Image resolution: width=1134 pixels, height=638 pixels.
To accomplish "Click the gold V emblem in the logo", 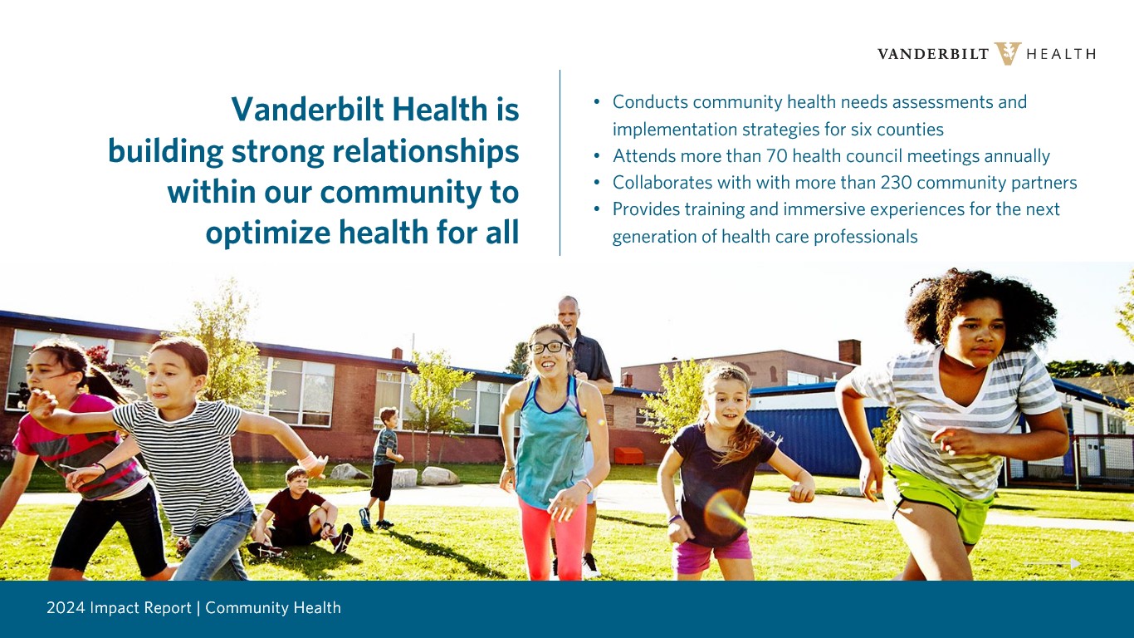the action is pyautogui.click(x=1008, y=54).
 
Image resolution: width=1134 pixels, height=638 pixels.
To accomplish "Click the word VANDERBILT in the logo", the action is pyautogui.click(x=933, y=54).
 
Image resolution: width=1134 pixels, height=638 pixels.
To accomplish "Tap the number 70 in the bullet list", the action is pyautogui.click(x=776, y=155).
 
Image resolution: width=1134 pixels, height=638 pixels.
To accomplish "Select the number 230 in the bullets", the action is pyautogui.click(x=896, y=183).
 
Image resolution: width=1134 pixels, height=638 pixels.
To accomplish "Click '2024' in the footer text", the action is pyautogui.click(x=66, y=607).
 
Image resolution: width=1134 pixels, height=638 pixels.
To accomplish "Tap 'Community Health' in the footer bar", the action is pyautogui.click(x=273, y=607).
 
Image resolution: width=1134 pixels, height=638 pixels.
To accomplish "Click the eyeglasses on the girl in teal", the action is pyautogui.click(x=550, y=347).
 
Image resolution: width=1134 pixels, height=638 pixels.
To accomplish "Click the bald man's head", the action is pyautogui.click(x=568, y=312).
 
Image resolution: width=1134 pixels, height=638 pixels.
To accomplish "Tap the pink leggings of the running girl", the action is pyautogui.click(x=553, y=538).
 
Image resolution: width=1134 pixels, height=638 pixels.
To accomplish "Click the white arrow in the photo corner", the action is pyautogui.click(x=1053, y=563).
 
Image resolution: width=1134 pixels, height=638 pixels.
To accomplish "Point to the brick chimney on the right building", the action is pyautogui.click(x=849, y=351).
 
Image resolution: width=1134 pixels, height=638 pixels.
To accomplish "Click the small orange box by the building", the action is pyautogui.click(x=628, y=455).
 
